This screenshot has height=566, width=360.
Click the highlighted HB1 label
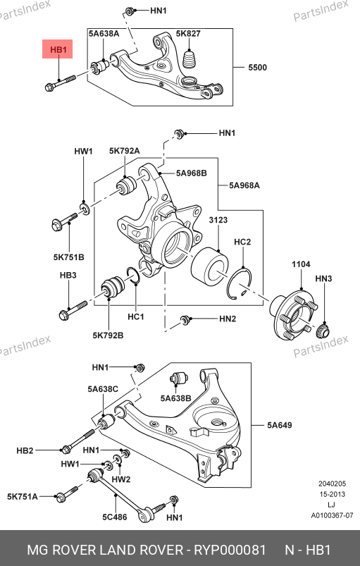pos(58,49)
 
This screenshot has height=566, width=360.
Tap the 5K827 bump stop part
pos(190,59)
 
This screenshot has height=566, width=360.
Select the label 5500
pos(257,68)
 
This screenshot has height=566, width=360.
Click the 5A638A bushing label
pos(104,34)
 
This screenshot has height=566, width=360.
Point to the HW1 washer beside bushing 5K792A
pos(85,208)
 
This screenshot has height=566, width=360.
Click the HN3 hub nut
pos(323,331)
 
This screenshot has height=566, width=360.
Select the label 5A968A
pos(244,185)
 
